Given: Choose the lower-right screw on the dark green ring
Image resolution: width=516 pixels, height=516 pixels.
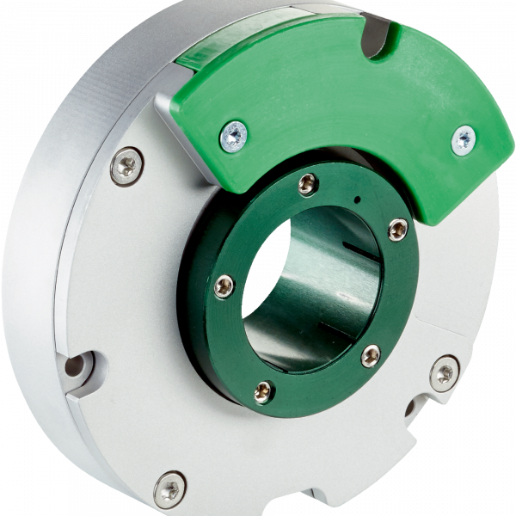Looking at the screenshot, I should [x=371, y=354].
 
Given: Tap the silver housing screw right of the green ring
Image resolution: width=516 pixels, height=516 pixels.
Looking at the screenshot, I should [x=444, y=372].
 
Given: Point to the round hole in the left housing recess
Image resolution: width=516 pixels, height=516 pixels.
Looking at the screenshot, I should [x=76, y=367].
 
